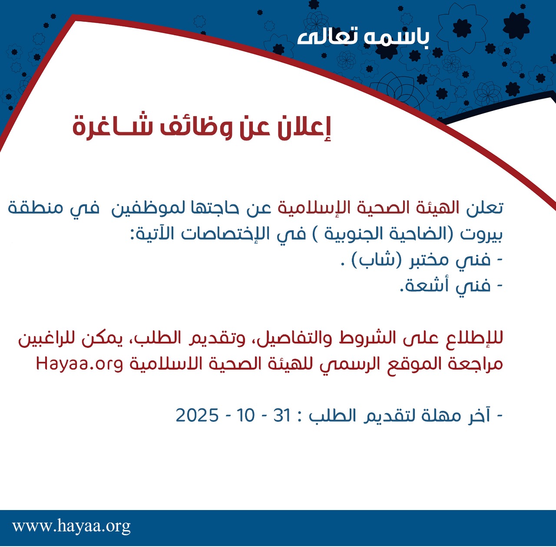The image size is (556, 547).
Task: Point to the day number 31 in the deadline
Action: coord(282,416)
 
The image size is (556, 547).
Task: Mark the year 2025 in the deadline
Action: coord(197,416)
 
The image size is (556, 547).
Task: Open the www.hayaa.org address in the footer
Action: coord(71,526)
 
